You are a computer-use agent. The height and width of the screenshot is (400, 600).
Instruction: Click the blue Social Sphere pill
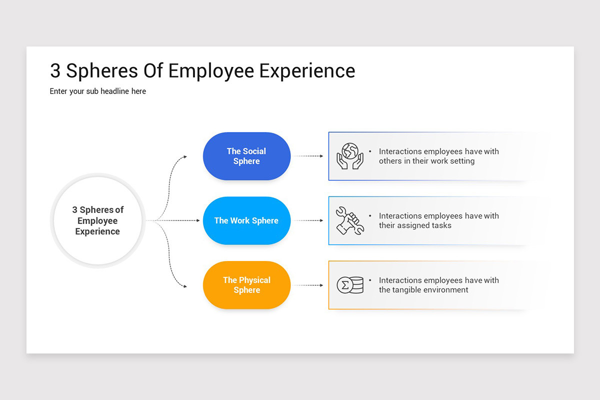(x=246, y=156)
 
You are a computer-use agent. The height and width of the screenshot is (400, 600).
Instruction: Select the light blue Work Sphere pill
(x=246, y=220)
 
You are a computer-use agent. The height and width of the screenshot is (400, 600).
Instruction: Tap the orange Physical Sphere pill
(x=246, y=285)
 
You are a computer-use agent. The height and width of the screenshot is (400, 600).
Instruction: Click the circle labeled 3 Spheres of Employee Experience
(x=97, y=220)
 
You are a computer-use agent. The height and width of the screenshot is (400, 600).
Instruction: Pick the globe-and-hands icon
(x=349, y=156)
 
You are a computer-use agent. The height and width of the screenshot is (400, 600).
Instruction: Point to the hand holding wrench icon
(x=349, y=220)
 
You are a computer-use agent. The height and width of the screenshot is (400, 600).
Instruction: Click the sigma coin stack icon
(x=349, y=285)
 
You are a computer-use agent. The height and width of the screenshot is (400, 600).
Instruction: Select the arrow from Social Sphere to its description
(x=308, y=156)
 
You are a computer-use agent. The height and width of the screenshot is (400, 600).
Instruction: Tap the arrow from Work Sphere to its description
(x=308, y=220)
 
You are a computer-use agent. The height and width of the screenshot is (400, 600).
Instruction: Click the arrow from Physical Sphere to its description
(x=308, y=285)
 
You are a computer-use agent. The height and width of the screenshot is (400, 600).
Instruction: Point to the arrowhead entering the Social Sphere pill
(x=184, y=156)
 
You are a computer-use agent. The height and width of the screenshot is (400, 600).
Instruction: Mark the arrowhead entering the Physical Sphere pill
(x=184, y=286)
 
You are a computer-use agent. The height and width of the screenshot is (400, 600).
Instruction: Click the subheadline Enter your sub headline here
(x=98, y=91)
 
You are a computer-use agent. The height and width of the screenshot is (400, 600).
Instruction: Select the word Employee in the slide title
(x=211, y=71)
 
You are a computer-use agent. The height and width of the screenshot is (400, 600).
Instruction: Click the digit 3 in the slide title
(x=55, y=71)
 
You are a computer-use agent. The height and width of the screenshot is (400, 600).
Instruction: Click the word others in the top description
(x=390, y=161)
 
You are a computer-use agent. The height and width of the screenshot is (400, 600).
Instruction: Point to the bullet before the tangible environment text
(x=370, y=280)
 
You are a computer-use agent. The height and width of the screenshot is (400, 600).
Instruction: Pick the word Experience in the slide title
(x=307, y=71)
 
